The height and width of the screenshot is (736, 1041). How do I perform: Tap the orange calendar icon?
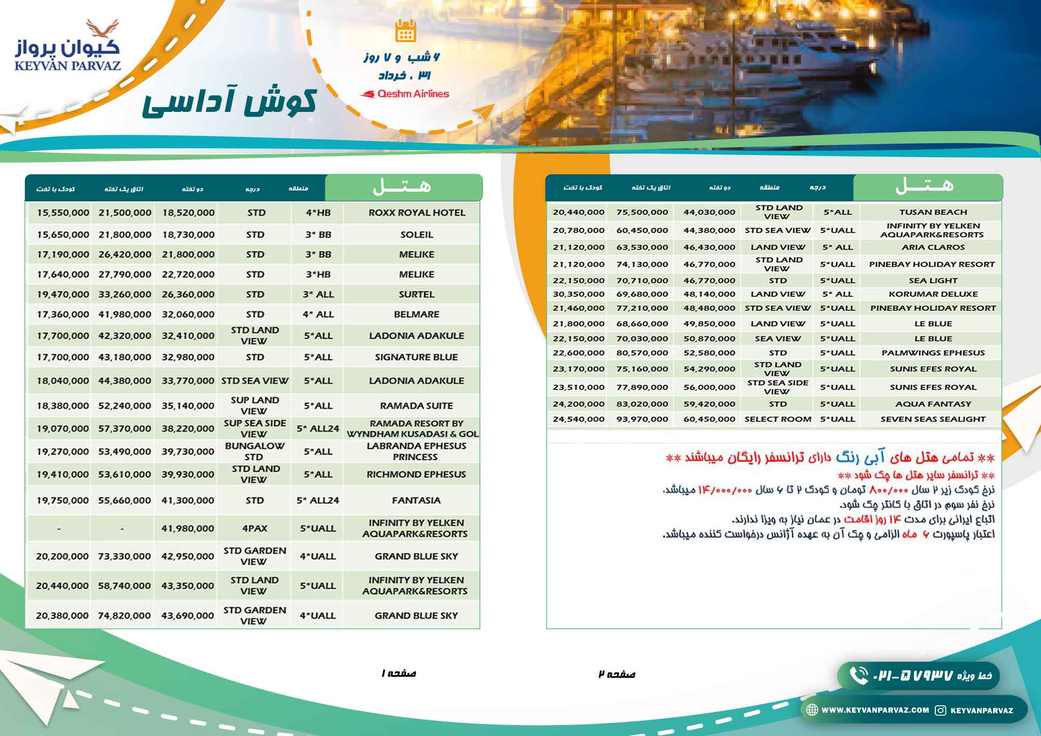pos(405,31)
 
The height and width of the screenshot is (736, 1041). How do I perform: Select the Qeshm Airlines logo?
pos(404,94)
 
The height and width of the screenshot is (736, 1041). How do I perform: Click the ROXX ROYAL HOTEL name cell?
pos(417,213)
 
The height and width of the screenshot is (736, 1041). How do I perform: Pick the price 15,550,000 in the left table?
pos(63,213)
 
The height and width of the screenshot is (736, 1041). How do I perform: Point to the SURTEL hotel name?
pos(416,295)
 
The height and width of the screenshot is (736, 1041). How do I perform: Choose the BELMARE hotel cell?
pos(416,314)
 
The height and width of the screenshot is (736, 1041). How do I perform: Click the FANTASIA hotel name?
pos(416,501)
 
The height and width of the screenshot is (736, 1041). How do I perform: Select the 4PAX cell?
pos(255,529)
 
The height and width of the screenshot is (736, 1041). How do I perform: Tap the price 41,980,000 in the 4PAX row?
pos(187,529)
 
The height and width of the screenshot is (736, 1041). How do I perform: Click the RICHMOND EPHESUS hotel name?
pos(416,475)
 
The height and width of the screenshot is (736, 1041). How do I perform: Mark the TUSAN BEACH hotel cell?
pos(933,212)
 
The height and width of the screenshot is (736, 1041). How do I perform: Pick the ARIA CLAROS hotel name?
pos(933,247)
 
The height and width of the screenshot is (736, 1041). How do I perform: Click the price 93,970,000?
pos(642,419)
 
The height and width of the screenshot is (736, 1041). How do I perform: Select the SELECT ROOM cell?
pos(778,419)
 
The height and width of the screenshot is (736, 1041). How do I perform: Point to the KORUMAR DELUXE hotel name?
pos(933,294)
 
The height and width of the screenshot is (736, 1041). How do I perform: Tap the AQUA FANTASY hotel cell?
pos(933,404)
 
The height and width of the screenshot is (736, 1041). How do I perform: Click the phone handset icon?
pos(858,675)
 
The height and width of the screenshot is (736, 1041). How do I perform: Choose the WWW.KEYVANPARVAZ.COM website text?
pos(875,710)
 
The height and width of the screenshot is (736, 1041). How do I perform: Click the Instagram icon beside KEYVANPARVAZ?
pos(941,710)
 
